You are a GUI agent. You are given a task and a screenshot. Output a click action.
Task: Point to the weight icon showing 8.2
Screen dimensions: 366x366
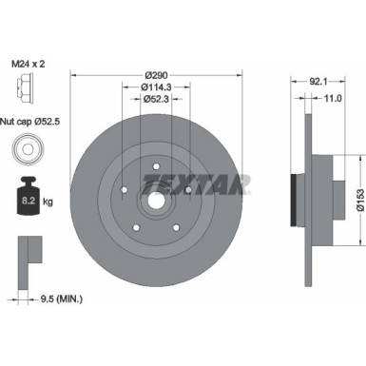tap(27, 200)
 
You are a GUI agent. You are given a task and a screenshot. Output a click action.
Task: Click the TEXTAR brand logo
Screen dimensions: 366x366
tap(195, 182)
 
